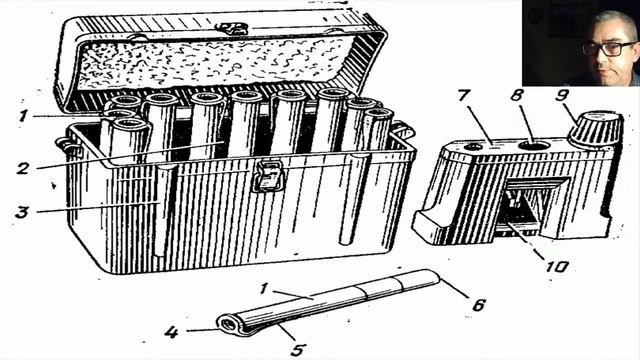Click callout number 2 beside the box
coord(23,168)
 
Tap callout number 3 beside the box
coord(22,211)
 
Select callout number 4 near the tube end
coord(171,332)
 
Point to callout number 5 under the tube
coord(298,349)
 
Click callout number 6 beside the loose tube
coord(478,304)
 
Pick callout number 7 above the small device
coord(465,97)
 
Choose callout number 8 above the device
coord(517,96)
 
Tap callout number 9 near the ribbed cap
coord(562,95)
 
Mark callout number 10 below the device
coord(558,266)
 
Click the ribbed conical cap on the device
coord(596,128)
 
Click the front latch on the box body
coord(268,176)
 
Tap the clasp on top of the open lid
coord(232,29)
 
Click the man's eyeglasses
coord(609,49)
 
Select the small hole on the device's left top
coord(473,147)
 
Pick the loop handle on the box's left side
coord(65,146)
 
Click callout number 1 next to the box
coord(23,116)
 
